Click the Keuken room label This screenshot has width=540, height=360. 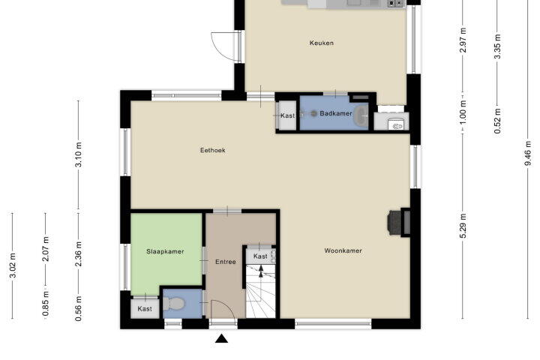coord(321,43)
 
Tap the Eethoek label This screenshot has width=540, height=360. coord(213,150)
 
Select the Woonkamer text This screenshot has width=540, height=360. coord(343,250)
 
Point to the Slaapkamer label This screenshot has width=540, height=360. coord(165,251)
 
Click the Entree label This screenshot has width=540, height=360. coord(226,262)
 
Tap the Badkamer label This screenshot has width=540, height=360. coord(336,113)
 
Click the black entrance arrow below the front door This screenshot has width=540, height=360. coord(222,339)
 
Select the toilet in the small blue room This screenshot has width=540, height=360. coord(174,304)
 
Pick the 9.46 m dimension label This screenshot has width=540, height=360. coord(527,153)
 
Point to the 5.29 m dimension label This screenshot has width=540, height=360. coord(463,226)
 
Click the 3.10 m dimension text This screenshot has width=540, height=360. coord(79,154)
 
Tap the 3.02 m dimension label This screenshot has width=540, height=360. coord(13,265)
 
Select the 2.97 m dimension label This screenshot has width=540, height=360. coord(463,40)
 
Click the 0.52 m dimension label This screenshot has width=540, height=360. coord(497,121)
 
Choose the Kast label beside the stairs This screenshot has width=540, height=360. coord(260,256)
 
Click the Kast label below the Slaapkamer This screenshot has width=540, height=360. coord(145,309)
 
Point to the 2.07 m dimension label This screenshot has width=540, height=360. coord(46,249)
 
